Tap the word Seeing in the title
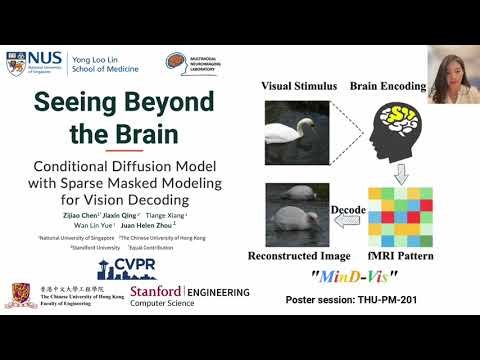pyautogui.click(x=76, y=103)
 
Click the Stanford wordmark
pyautogui.click(x=155, y=292)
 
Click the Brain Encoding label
pyautogui.click(x=387, y=86)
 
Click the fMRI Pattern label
pyautogui.click(x=398, y=257)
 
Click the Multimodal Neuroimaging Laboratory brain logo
pyautogui.click(x=176, y=64)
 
